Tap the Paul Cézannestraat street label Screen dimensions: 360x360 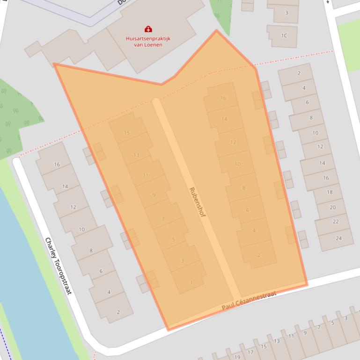click(x=249, y=301)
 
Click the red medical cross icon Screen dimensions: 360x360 click(x=148, y=29)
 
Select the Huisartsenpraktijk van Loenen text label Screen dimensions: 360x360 click(x=148, y=41)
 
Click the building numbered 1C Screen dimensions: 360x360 click(x=284, y=36)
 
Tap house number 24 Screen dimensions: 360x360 click(x=338, y=238)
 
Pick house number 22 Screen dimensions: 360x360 click(x=335, y=222)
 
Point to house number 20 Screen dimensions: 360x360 click(x=332, y=207)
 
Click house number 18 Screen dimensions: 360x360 click(x=330, y=192)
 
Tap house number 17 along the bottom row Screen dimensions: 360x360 click(x=250, y=353)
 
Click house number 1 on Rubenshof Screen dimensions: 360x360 click(x=191, y=282)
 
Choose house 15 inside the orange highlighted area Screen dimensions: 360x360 click(x=127, y=133)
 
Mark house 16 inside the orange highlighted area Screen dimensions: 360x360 click(x=223, y=98)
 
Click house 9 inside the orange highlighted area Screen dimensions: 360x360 click(x=154, y=195)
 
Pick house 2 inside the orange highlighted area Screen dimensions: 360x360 click(x=259, y=255)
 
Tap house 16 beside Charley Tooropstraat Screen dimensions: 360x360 click(x=57, y=165)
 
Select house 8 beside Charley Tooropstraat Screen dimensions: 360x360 click(x=91, y=251)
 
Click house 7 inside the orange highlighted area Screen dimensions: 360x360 click(x=163, y=219)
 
